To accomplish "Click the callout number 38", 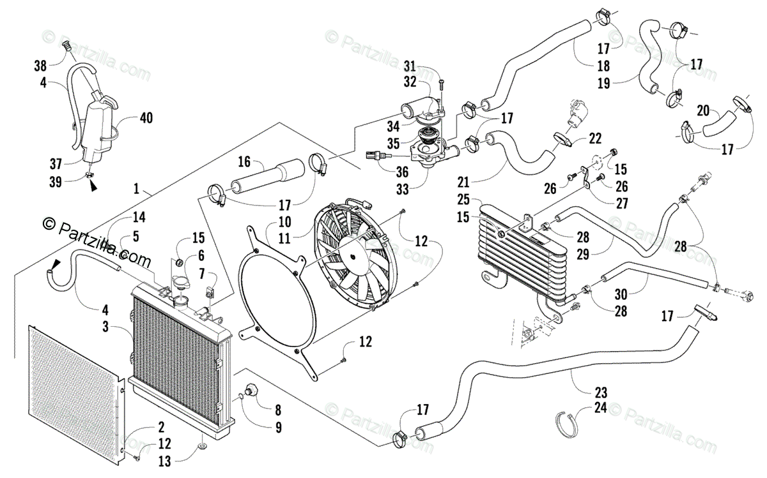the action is pos(40,66).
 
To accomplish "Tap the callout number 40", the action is pos(146,118).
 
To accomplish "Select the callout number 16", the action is pos(244,161).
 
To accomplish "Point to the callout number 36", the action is pos(402,172).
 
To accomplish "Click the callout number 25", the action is pos(463,199).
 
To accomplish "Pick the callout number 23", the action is pos(601,392).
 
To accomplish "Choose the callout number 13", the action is pos(164,461).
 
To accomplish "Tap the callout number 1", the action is pos(136,189).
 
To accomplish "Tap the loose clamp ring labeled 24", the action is pos(566,424).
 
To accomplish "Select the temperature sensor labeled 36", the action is pos(378,156).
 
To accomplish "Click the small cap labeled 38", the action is pos(67,45).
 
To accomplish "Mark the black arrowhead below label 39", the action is pos(93,186).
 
